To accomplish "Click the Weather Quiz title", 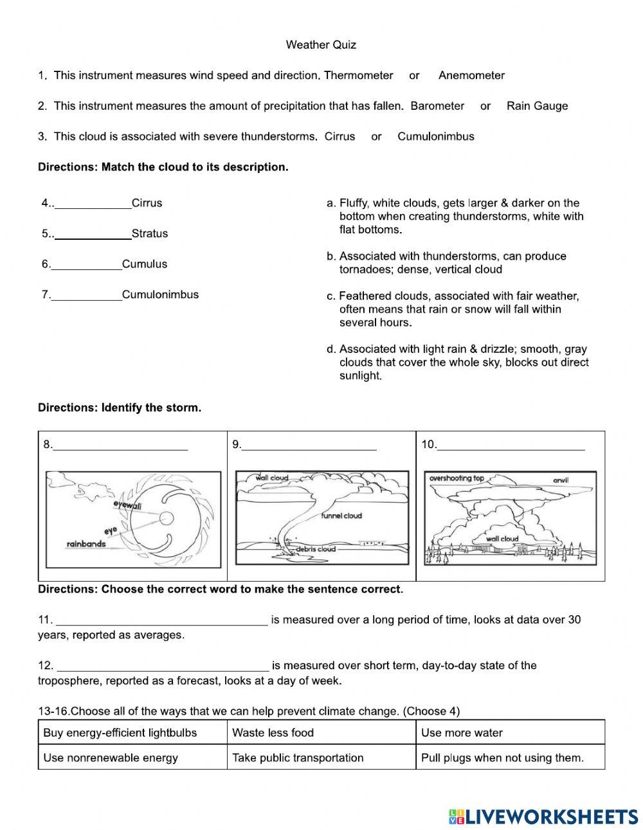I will click(321, 45).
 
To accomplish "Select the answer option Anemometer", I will click(471, 75).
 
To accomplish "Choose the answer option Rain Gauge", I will click(537, 106).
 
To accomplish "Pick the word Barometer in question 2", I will click(437, 106).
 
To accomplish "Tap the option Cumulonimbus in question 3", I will click(435, 136).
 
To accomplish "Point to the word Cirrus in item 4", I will click(147, 203).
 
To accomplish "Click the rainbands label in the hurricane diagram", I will click(86, 545).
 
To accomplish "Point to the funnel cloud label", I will click(342, 516).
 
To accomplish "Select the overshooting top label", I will click(457, 478).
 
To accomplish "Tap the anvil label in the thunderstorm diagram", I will click(561, 480).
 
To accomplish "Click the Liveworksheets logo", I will click(543, 816).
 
